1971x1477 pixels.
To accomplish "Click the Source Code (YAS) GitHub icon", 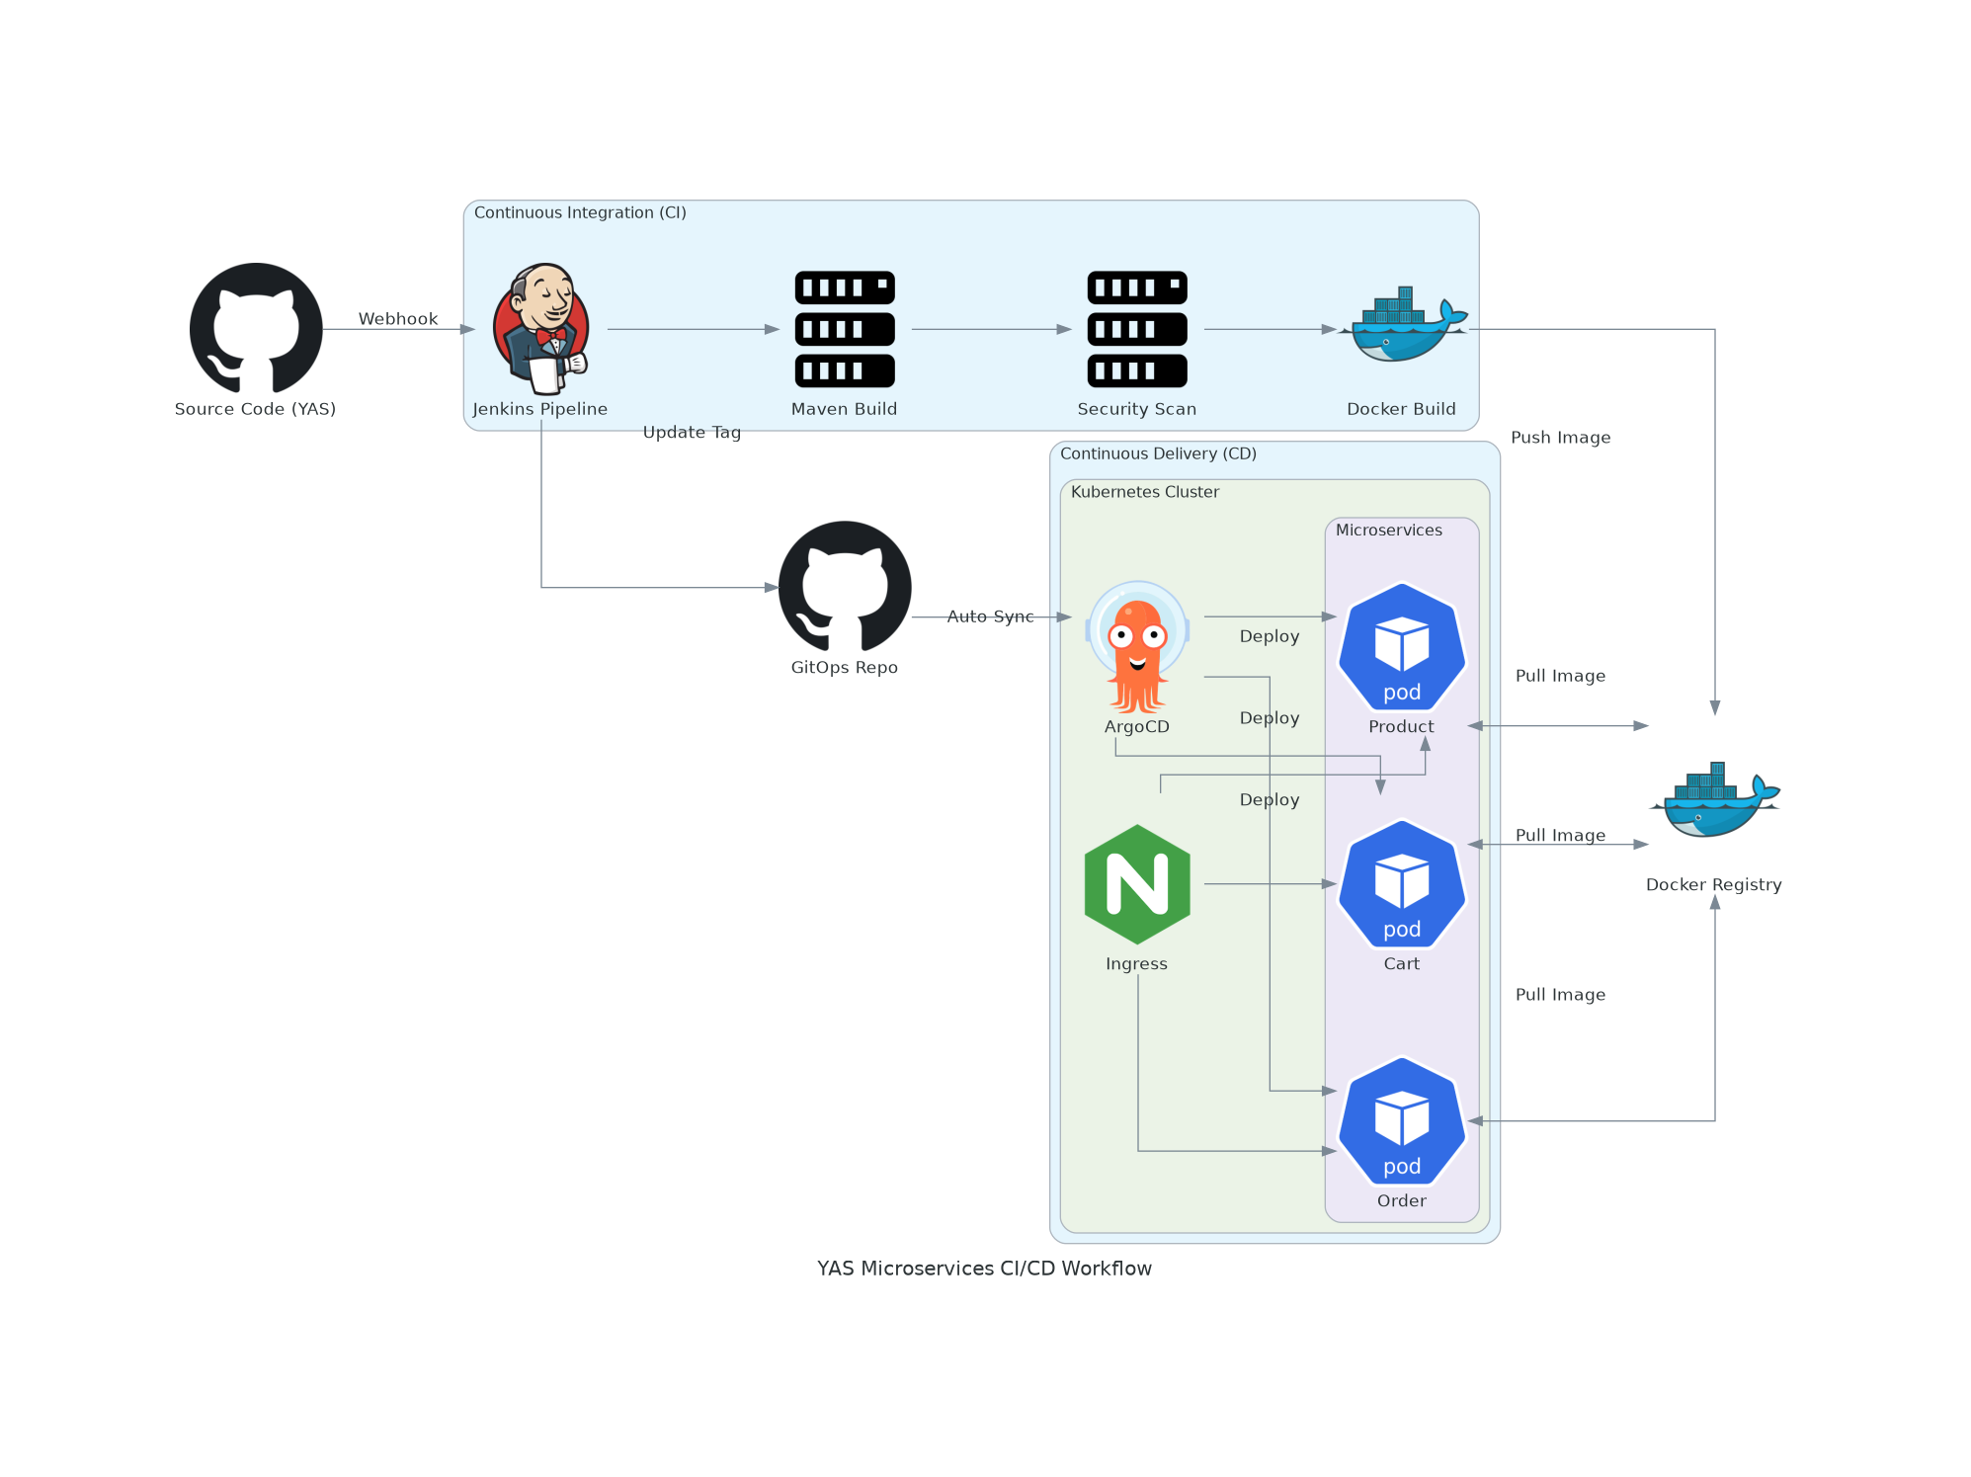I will point(256,328).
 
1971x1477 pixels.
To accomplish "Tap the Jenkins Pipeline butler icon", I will point(541,329).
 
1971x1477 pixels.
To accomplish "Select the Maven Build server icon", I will point(845,329).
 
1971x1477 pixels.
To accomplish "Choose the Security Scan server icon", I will point(1137,329).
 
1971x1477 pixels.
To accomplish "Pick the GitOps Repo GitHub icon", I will point(845,587).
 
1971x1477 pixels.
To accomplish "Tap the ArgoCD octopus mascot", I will point(1137,647).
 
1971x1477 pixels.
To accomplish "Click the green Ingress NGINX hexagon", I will point(1137,884).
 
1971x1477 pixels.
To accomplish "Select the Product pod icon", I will point(1402,647).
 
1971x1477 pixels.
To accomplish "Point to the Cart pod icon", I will point(1402,884).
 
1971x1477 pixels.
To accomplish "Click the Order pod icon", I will point(1402,1121).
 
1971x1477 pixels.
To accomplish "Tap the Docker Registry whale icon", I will point(1714,800).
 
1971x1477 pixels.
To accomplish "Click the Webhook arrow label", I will point(398,319).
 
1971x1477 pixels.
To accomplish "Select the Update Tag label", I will point(692,433).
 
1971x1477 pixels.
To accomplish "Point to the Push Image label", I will point(1560,438).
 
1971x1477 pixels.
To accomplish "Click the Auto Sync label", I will point(990,616).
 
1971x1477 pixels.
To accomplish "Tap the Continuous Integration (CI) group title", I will point(580,212).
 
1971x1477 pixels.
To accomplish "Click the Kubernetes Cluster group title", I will point(1144,492).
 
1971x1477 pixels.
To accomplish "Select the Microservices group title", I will point(1388,531).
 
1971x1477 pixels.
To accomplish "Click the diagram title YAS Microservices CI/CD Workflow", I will point(984,1269).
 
